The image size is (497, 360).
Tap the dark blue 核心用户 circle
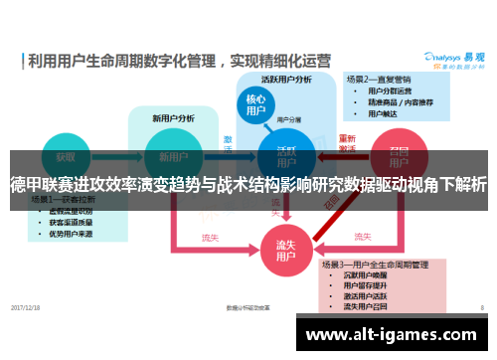255,106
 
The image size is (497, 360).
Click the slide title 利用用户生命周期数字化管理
121,60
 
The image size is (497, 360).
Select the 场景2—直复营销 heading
379,78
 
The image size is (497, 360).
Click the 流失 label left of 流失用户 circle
210,238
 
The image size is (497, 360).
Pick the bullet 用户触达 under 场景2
383,112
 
